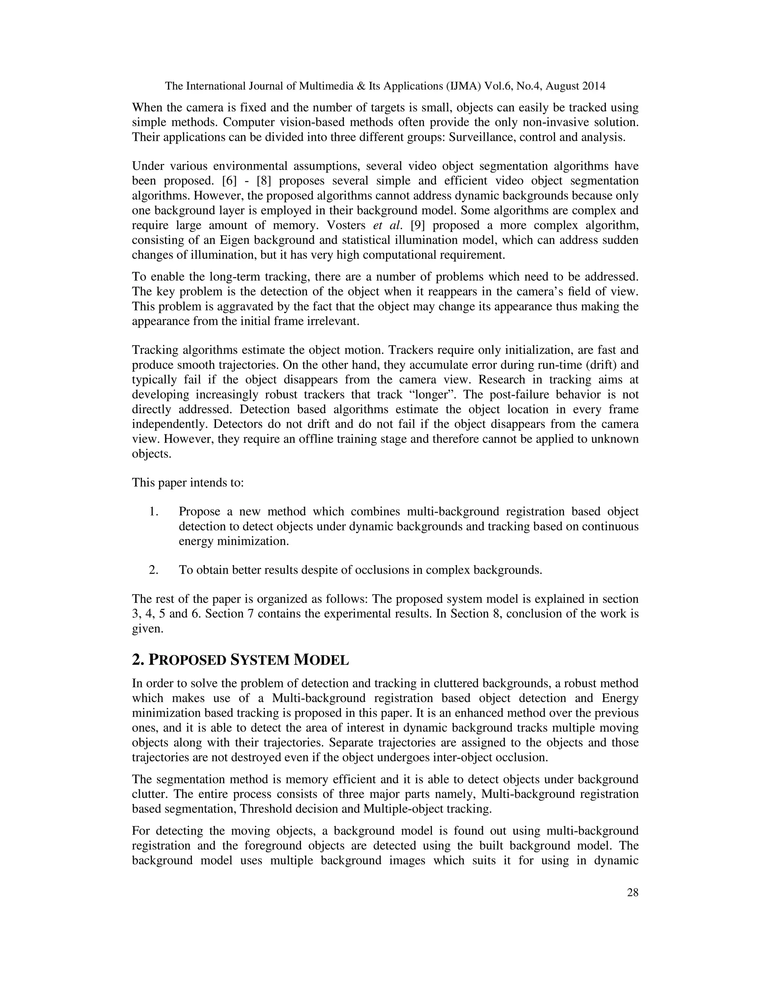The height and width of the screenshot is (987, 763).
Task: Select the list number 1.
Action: click(x=154, y=512)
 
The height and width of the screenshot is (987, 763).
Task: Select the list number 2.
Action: click(x=154, y=570)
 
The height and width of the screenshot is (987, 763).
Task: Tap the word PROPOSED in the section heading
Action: click(x=187, y=660)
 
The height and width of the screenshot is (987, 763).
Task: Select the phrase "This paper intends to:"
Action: click(x=188, y=483)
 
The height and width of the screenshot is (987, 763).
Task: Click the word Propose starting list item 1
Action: click(x=199, y=512)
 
